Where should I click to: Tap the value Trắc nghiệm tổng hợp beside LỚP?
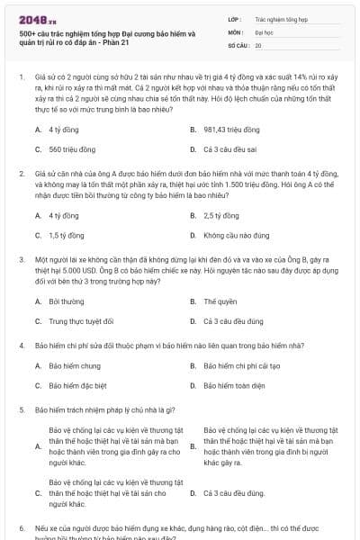[281, 18]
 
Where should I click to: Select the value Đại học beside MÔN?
[264, 31]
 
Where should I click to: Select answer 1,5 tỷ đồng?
[67, 236]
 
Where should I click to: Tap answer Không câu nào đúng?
[237, 236]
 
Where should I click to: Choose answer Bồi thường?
[67, 301]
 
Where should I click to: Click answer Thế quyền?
[220, 301]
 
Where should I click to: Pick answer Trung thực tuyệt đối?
[82, 321]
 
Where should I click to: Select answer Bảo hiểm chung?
[75, 366]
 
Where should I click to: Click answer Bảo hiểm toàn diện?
[237, 386]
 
